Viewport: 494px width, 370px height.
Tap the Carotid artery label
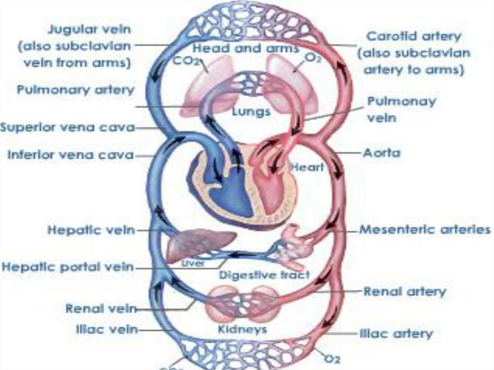[413, 36]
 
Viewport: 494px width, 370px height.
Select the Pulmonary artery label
[75, 90]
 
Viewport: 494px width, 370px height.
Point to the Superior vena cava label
[67, 128]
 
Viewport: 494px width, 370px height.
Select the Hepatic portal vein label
[68, 266]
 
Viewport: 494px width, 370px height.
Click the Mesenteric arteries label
[425, 230]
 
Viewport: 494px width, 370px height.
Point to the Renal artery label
[404, 291]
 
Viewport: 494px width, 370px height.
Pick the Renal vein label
[100, 308]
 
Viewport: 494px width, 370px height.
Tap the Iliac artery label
[396, 333]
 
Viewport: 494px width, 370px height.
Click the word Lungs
[250, 112]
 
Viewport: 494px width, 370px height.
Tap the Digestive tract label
[264, 275]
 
